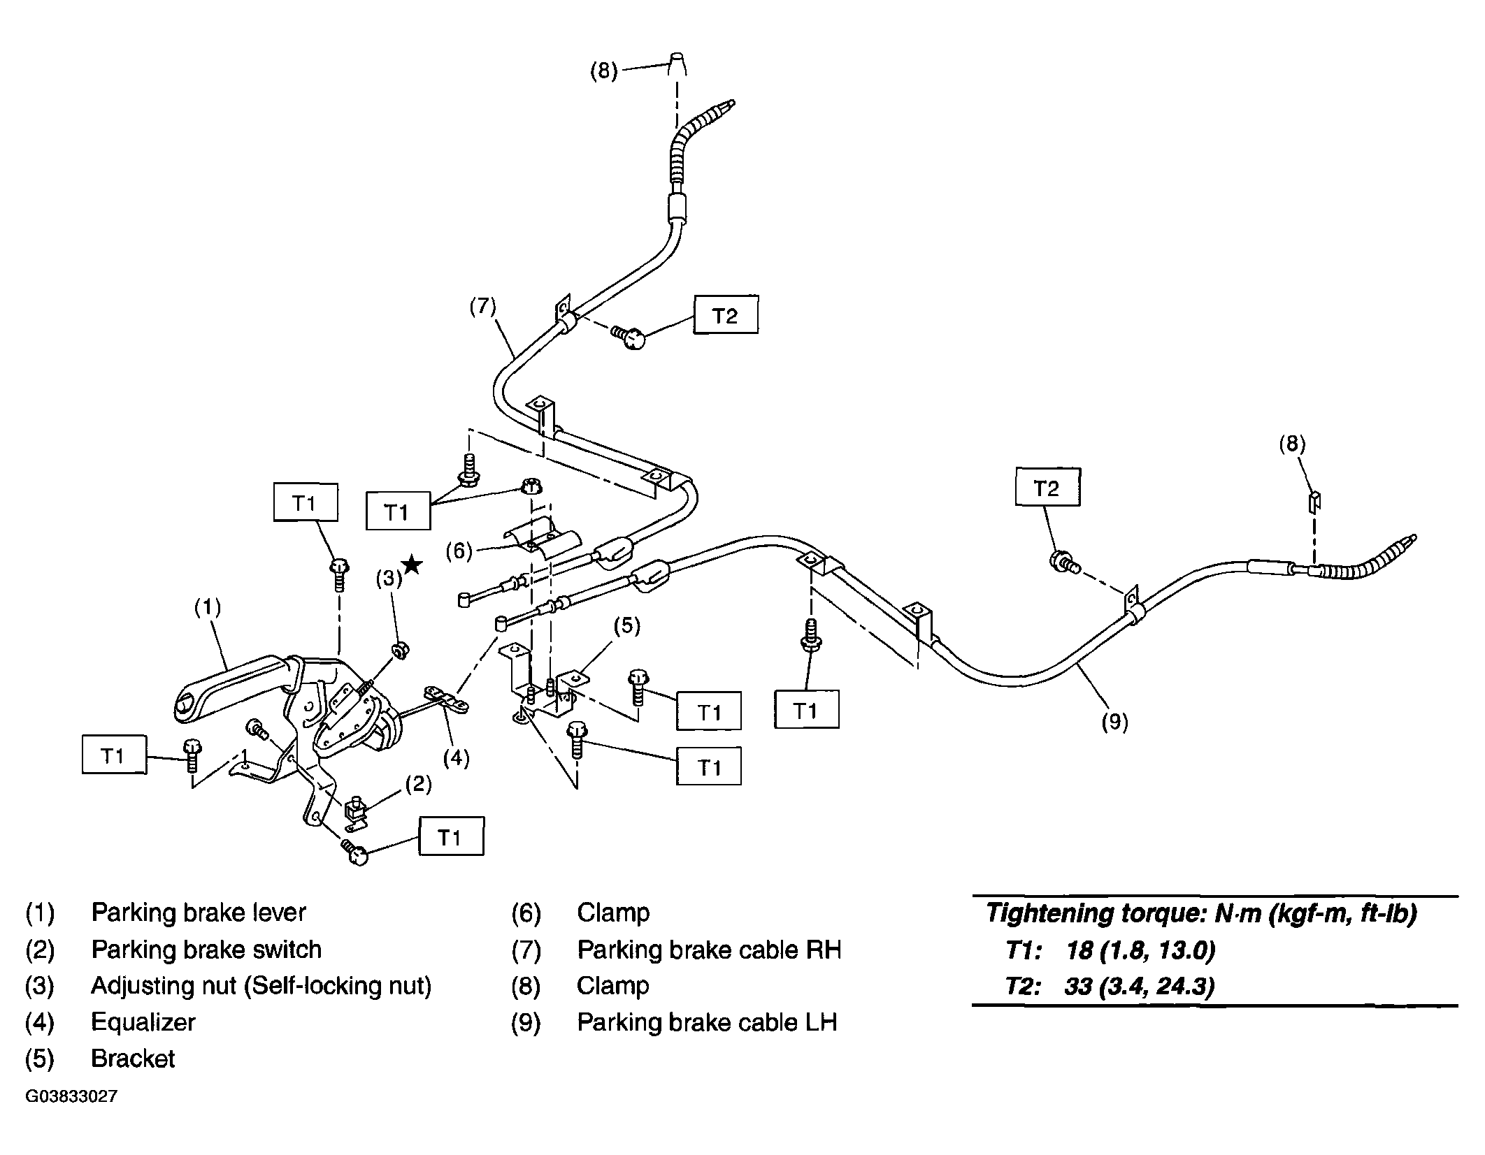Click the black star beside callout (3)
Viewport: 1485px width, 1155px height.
point(412,564)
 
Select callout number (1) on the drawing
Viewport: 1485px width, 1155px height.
point(208,607)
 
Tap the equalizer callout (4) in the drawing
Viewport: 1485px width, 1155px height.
point(457,757)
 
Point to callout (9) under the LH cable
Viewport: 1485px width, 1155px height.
point(1114,721)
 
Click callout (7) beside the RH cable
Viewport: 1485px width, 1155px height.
point(482,307)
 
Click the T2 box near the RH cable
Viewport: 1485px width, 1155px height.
point(726,316)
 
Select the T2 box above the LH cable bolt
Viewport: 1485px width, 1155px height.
point(1047,487)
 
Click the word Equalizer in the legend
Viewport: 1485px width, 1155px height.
point(143,1022)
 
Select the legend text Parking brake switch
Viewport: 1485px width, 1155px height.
point(206,949)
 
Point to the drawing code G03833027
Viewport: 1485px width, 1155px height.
point(71,1096)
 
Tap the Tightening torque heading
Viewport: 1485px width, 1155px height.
point(1201,913)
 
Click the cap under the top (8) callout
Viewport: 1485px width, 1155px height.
point(677,63)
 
